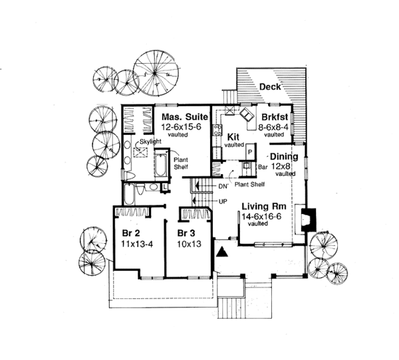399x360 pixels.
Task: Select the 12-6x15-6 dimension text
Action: pos(182,126)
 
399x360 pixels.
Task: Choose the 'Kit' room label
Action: pos(232,135)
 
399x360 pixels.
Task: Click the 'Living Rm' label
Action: pos(263,206)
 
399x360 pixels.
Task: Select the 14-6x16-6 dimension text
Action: pos(263,216)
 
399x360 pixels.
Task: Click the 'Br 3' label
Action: pos(186,234)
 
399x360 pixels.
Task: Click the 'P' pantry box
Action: pos(250,152)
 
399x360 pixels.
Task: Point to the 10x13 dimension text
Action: pos(186,244)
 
